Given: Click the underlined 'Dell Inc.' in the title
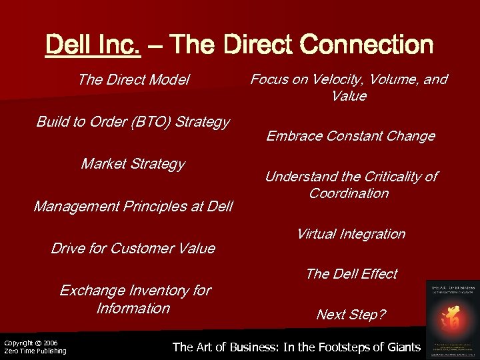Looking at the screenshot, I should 93,45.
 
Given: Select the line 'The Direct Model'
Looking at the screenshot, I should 133,80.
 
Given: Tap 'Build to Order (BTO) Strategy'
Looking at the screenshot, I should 133,122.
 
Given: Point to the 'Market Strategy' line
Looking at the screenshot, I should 133,164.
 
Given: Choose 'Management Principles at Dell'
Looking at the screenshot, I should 133,207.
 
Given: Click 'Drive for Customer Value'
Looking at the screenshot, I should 133,249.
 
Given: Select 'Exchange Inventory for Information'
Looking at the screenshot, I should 134,299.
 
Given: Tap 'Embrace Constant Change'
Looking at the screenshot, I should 351,137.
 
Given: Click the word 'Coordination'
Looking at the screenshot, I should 349,193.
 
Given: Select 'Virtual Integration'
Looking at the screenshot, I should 351,234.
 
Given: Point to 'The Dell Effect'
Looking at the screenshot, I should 351,274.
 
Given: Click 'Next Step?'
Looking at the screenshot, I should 351,315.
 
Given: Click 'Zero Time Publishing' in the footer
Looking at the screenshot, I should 35,351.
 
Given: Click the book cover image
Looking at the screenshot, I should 452,319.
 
